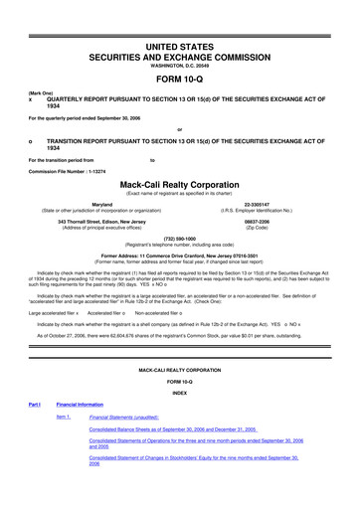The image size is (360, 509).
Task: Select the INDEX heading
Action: click(179, 420)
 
